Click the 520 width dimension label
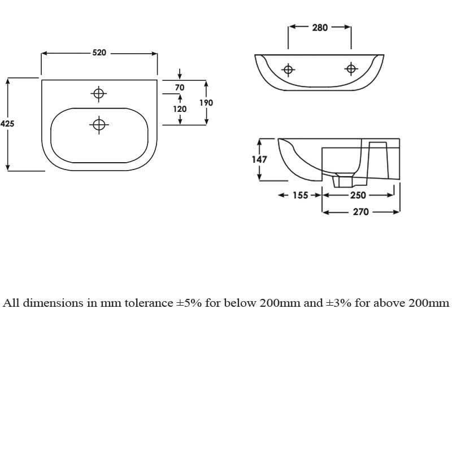click(x=99, y=53)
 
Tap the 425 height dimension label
click(x=7, y=124)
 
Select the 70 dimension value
click(x=180, y=88)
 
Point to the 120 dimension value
click(x=180, y=109)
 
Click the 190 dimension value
click(x=206, y=103)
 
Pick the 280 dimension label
click(x=320, y=28)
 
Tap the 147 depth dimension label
click(x=259, y=159)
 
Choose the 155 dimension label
click(x=301, y=195)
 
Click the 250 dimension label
click(x=358, y=195)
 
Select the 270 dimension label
click(x=361, y=212)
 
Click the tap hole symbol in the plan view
click(x=98, y=94)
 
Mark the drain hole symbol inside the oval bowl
click(x=99, y=125)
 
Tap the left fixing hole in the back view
click(x=288, y=69)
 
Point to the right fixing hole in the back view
click(x=351, y=69)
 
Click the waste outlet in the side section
click(x=343, y=180)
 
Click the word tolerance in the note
click(x=149, y=303)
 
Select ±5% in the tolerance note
click(x=189, y=303)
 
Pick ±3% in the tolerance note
click(x=338, y=303)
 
